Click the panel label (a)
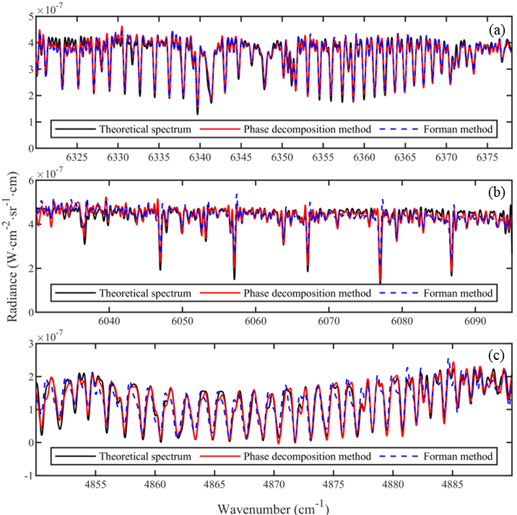pyautogui.click(x=496, y=30)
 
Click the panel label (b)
pyautogui.click(x=496, y=193)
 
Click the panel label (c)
pyautogui.click(x=496, y=355)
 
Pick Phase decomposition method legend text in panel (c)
pyautogui.click(x=307, y=457)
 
